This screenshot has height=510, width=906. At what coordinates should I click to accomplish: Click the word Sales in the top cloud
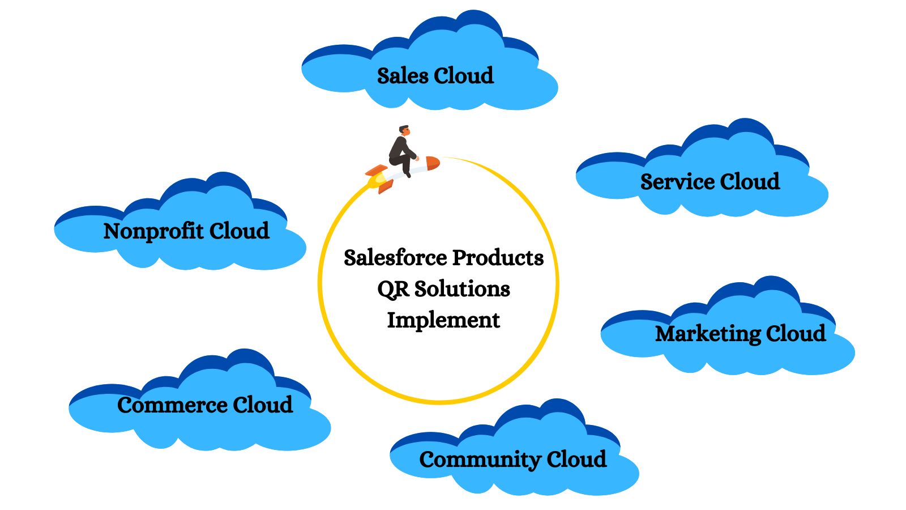(403, 76)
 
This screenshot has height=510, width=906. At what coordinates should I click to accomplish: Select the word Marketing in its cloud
(708, 334)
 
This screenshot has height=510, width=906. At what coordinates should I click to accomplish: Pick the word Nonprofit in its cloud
(153, 231)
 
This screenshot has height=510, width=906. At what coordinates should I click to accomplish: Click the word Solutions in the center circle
(462, 289)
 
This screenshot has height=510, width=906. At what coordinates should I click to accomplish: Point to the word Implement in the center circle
(443, 320)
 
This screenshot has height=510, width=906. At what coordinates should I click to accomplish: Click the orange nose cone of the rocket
(433, 163)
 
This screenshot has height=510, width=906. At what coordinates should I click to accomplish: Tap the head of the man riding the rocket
(404, 130)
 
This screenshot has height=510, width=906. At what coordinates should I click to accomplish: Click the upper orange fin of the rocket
(375, 170)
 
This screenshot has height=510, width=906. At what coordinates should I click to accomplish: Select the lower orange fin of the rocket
(385, 186)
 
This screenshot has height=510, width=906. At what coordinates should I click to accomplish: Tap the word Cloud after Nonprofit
(239, 231)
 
